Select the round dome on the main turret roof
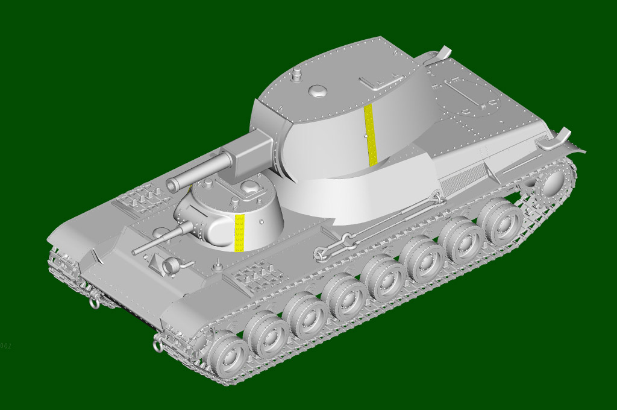pos(318,91)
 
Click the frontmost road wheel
pos(227,355)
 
